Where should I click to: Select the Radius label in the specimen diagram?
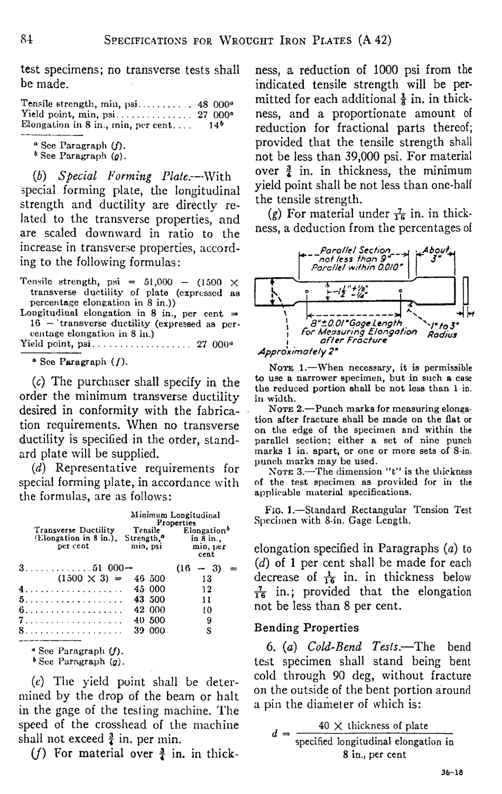[x=442, y=334]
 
